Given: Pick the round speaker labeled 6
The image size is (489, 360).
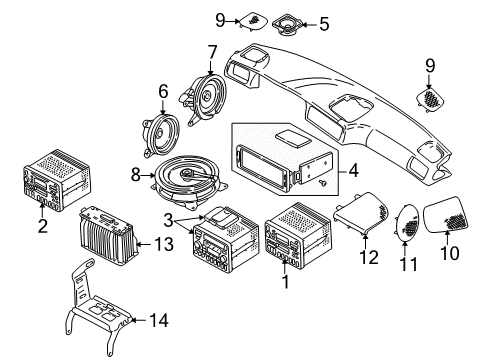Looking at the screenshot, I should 158,129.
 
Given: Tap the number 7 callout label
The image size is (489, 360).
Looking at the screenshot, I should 211,51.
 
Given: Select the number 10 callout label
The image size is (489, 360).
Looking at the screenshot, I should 450,253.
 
